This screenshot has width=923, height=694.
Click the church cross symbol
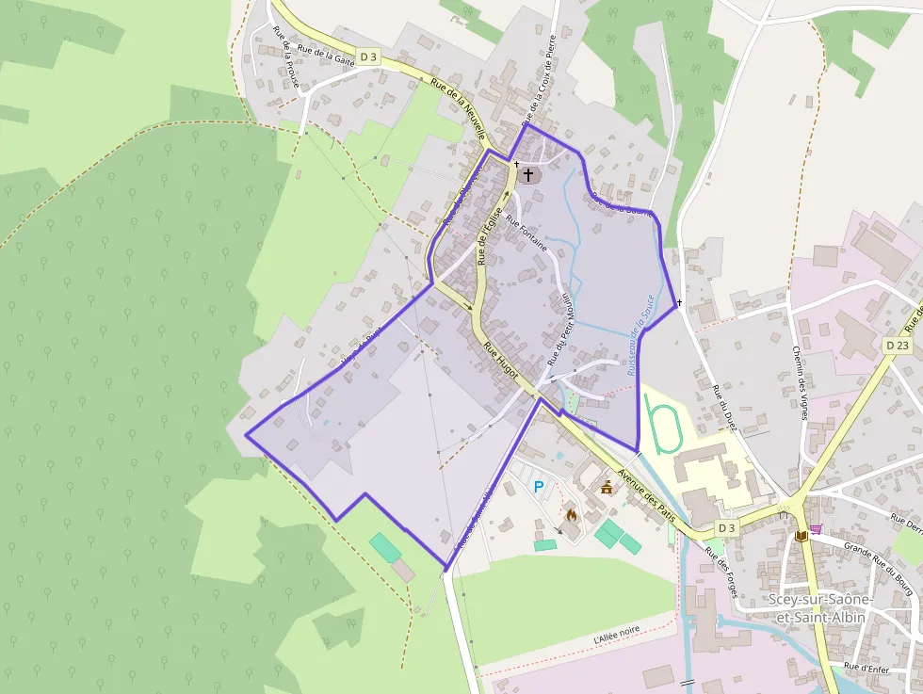(528, 174)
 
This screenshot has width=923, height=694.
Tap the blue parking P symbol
(539, 487)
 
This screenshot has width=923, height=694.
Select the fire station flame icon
(570, 515)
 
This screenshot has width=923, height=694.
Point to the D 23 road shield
(898, 346)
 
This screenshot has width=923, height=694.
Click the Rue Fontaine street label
(526, 234)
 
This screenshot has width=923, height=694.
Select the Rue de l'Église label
(487, 236)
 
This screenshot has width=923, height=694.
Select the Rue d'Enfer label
(864, 666)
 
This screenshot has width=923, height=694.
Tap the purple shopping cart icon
(815, 529)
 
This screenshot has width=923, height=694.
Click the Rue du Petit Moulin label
(559, 329)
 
